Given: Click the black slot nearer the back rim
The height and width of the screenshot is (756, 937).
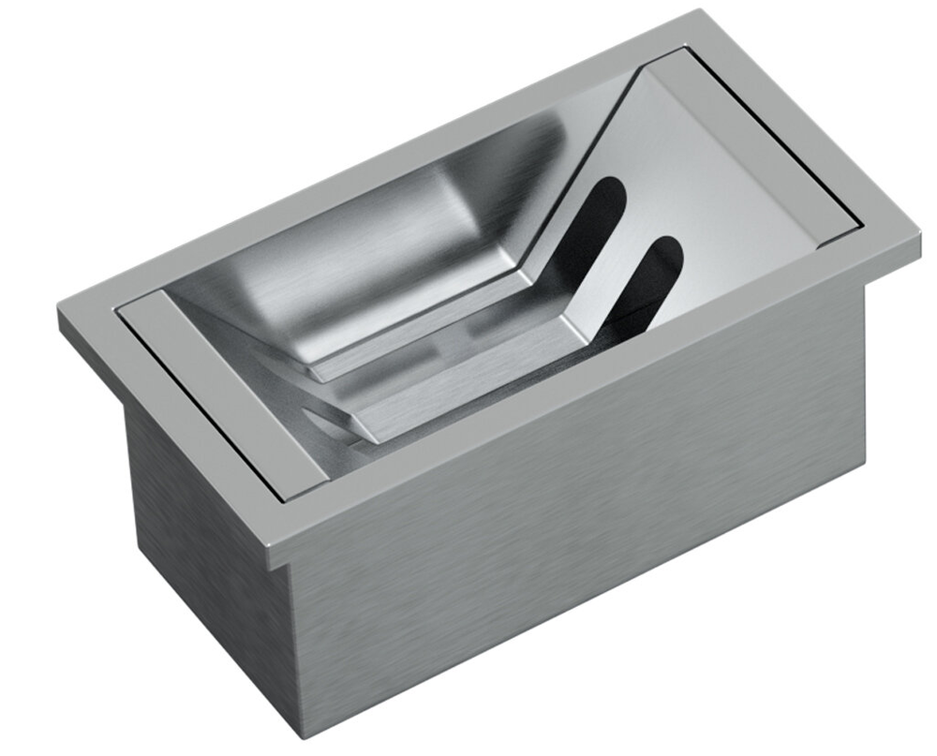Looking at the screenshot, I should pos(596,225).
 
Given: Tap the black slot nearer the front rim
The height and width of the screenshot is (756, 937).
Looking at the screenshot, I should pos(652,281).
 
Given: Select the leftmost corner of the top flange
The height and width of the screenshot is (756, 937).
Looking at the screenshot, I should pos(58,314).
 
